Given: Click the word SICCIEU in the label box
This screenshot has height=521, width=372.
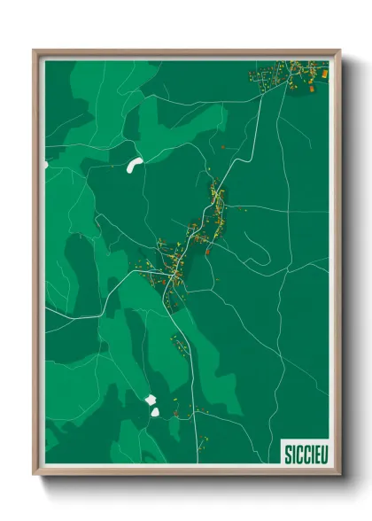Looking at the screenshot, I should click(x=304, y=452).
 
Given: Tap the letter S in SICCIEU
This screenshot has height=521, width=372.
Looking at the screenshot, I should click(x=287, y=452).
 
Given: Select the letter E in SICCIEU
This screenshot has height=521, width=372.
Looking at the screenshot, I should click(x=314, y=452).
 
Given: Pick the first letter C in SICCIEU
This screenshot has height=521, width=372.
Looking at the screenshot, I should click(x=298, y=452).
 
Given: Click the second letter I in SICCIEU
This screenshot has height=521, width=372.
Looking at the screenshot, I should click(x=309, y=452).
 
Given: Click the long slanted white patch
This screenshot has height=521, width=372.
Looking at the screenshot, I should click(x=135, y=164).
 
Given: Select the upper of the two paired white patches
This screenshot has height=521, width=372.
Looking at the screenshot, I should click(x=150, y=400).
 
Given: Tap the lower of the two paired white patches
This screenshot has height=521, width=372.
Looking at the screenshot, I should click(x=154, y=412).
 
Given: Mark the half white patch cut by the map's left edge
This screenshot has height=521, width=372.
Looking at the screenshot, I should click(x=47, y=165).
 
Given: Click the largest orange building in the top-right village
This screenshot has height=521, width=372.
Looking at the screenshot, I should click(x=324, y=74).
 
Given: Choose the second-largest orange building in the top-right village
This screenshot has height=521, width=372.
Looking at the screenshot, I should click(x=312, y=85).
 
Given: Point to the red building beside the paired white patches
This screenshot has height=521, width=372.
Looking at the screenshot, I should click(x=175, y=411).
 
